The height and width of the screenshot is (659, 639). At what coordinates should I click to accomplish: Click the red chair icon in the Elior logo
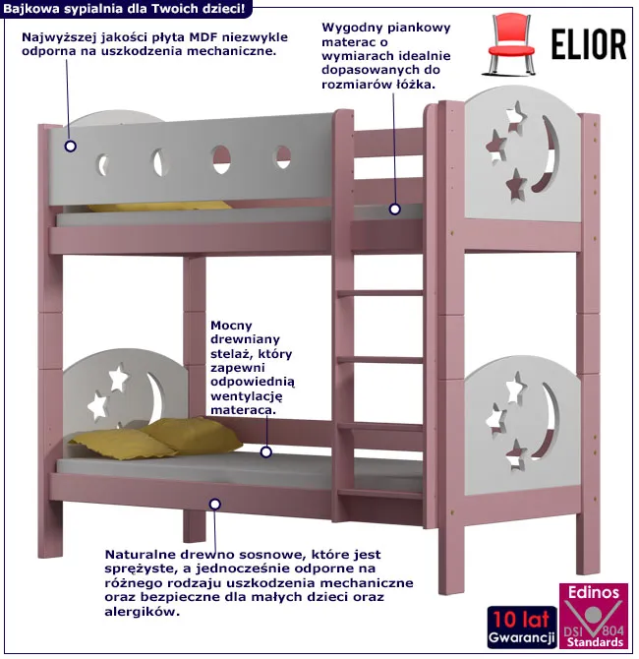pos(511,43)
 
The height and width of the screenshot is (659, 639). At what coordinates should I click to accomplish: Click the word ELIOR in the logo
pos(589,44)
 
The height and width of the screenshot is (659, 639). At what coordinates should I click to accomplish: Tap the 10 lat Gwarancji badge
pos(522,628)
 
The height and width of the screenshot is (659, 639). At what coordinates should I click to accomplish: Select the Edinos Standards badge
pos(594,616)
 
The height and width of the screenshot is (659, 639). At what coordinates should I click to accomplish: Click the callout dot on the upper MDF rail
pos(71,147)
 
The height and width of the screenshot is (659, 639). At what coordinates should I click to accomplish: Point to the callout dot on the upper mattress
pos(394,209)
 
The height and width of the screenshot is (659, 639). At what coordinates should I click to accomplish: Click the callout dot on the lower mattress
pos(266,452)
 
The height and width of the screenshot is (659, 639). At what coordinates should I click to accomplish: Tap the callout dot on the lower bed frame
pos(215,504)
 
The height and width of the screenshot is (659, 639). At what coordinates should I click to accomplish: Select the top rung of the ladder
pos(380,293)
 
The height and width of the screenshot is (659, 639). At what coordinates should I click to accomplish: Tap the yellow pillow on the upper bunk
pos(159,207)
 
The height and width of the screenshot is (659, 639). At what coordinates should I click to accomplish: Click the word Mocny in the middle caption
pos(231,326)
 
